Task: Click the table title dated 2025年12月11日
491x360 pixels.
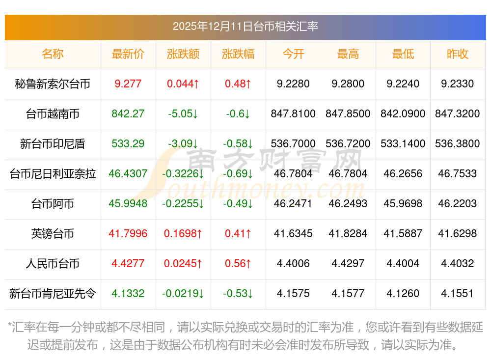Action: click(245, 26)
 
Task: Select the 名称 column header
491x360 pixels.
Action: click(53, 54)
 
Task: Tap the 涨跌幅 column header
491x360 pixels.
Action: click(238, 54)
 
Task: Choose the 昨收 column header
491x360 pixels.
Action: click(458, 54)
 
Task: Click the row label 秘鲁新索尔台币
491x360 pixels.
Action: click(53, 84)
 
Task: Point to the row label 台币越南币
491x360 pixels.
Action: click(53, 114)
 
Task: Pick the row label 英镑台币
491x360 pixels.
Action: click(53, 234)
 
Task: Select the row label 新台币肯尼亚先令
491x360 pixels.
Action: click(53, 294)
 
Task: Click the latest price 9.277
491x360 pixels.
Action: click(128, 84)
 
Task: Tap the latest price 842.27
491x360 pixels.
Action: click(128, 114)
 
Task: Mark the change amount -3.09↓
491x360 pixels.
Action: click(183, 144)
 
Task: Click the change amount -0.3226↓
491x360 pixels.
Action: click(183, 174)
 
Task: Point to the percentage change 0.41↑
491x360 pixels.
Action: click(238, 234)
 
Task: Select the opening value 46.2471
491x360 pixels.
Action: click(293, 204)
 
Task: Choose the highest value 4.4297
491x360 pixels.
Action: click(348, 264)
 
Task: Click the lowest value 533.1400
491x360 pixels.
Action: click(403, 144)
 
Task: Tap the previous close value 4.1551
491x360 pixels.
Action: click(458, 294)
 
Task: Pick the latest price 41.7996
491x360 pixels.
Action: click(128, 234)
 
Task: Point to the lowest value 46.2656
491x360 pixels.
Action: click(403, 174)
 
